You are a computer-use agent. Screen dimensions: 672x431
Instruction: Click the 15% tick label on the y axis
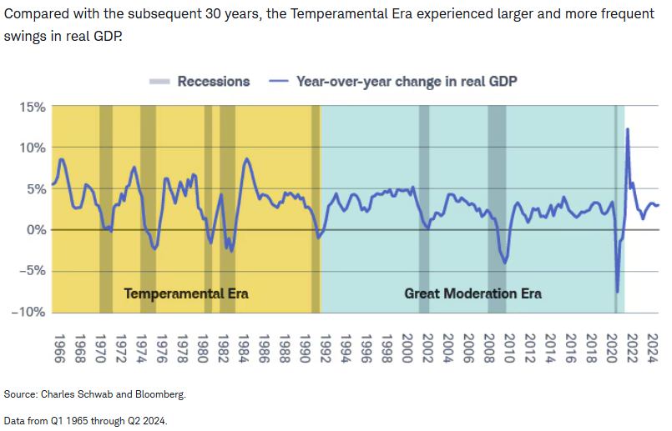pyautogui.click(x=33, y=107)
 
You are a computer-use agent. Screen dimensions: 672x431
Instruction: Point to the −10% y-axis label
pyautogui.click(x=28, y=312)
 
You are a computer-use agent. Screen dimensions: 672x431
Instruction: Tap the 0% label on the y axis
pyautogui.click(x=36, y=230)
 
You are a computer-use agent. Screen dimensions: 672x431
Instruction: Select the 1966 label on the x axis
pyautogui.click(x=59, y=348)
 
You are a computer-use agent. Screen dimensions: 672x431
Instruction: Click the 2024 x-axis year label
pyautogui.click(x=652, y=348)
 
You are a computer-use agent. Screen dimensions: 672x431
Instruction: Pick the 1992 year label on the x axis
pyautogui.click(x=326, y=348)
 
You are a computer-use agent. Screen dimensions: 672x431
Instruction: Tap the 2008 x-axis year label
pyautogui.click(x=489, y=348)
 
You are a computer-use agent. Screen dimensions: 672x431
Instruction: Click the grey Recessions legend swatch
pyautogui.click(x=159, y=82)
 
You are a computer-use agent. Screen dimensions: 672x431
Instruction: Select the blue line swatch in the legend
pyautogui.click(x=279, y=82)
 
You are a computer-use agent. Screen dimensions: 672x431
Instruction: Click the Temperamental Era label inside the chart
pyautogui.click(x=186, y=293)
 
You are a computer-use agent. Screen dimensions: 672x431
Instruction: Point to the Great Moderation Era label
pyautogui.click(x=472, y=293)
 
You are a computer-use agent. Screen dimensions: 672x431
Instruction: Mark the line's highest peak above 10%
pyautogui.click(x=628, y=129)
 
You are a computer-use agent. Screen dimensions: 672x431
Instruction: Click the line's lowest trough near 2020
pyautogui.click(x=618, y=292)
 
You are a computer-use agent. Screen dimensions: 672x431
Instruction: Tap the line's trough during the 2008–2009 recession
pyautogui.click(x=506, y=263)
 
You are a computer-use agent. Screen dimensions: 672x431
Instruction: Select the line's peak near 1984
pyautogui.click(x=246, y=159)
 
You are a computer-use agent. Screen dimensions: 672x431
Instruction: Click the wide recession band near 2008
pyautogui.click(x=497, y=209)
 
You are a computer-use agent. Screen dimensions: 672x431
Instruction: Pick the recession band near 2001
pyautogui.click(x=424, y=209)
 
